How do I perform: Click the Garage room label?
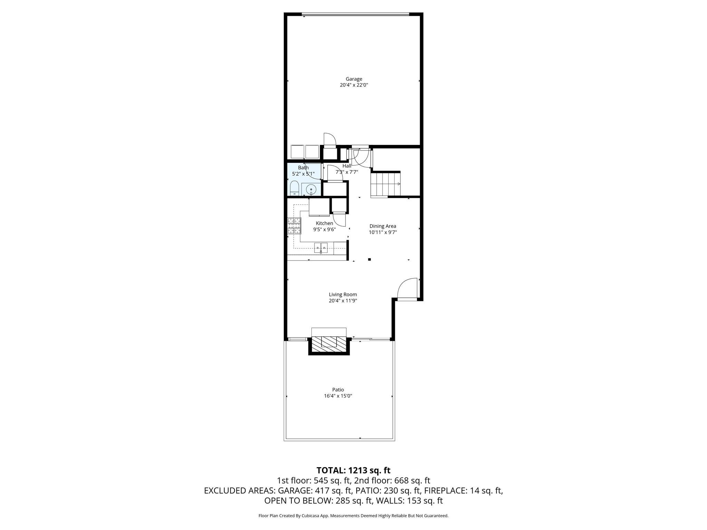(x=354, y=79)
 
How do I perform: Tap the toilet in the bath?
(x=294, y=188)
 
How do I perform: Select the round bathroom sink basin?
(x=311, y=189)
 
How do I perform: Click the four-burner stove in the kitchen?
(x=294, y=226)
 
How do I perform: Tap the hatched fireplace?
(x=329, y=344)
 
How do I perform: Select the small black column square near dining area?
(x=369, y=259)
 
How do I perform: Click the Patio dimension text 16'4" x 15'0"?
(x=338, y=396)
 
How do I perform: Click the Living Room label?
(x=343, y=294)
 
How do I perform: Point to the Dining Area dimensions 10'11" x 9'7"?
(x=382, y=233)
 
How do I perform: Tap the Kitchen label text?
(x=325, y=223)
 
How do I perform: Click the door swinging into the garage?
(x=330, y=140)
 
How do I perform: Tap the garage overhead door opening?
(x=355, y=14)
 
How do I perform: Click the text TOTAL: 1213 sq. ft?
(x=353, y=470)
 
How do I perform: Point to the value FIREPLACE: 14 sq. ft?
(x=463, y=491)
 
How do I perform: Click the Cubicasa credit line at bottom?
(x=353, y=516)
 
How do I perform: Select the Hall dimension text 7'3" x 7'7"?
(x=347, y=172)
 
